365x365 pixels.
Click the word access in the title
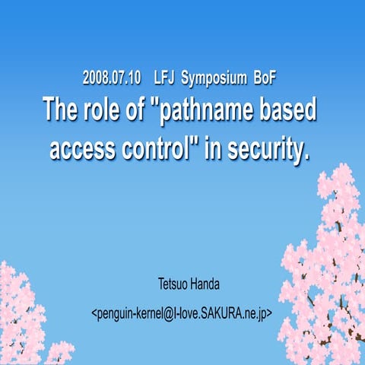click(x=83, y=147)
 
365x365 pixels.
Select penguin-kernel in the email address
click(x=129, y=313)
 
